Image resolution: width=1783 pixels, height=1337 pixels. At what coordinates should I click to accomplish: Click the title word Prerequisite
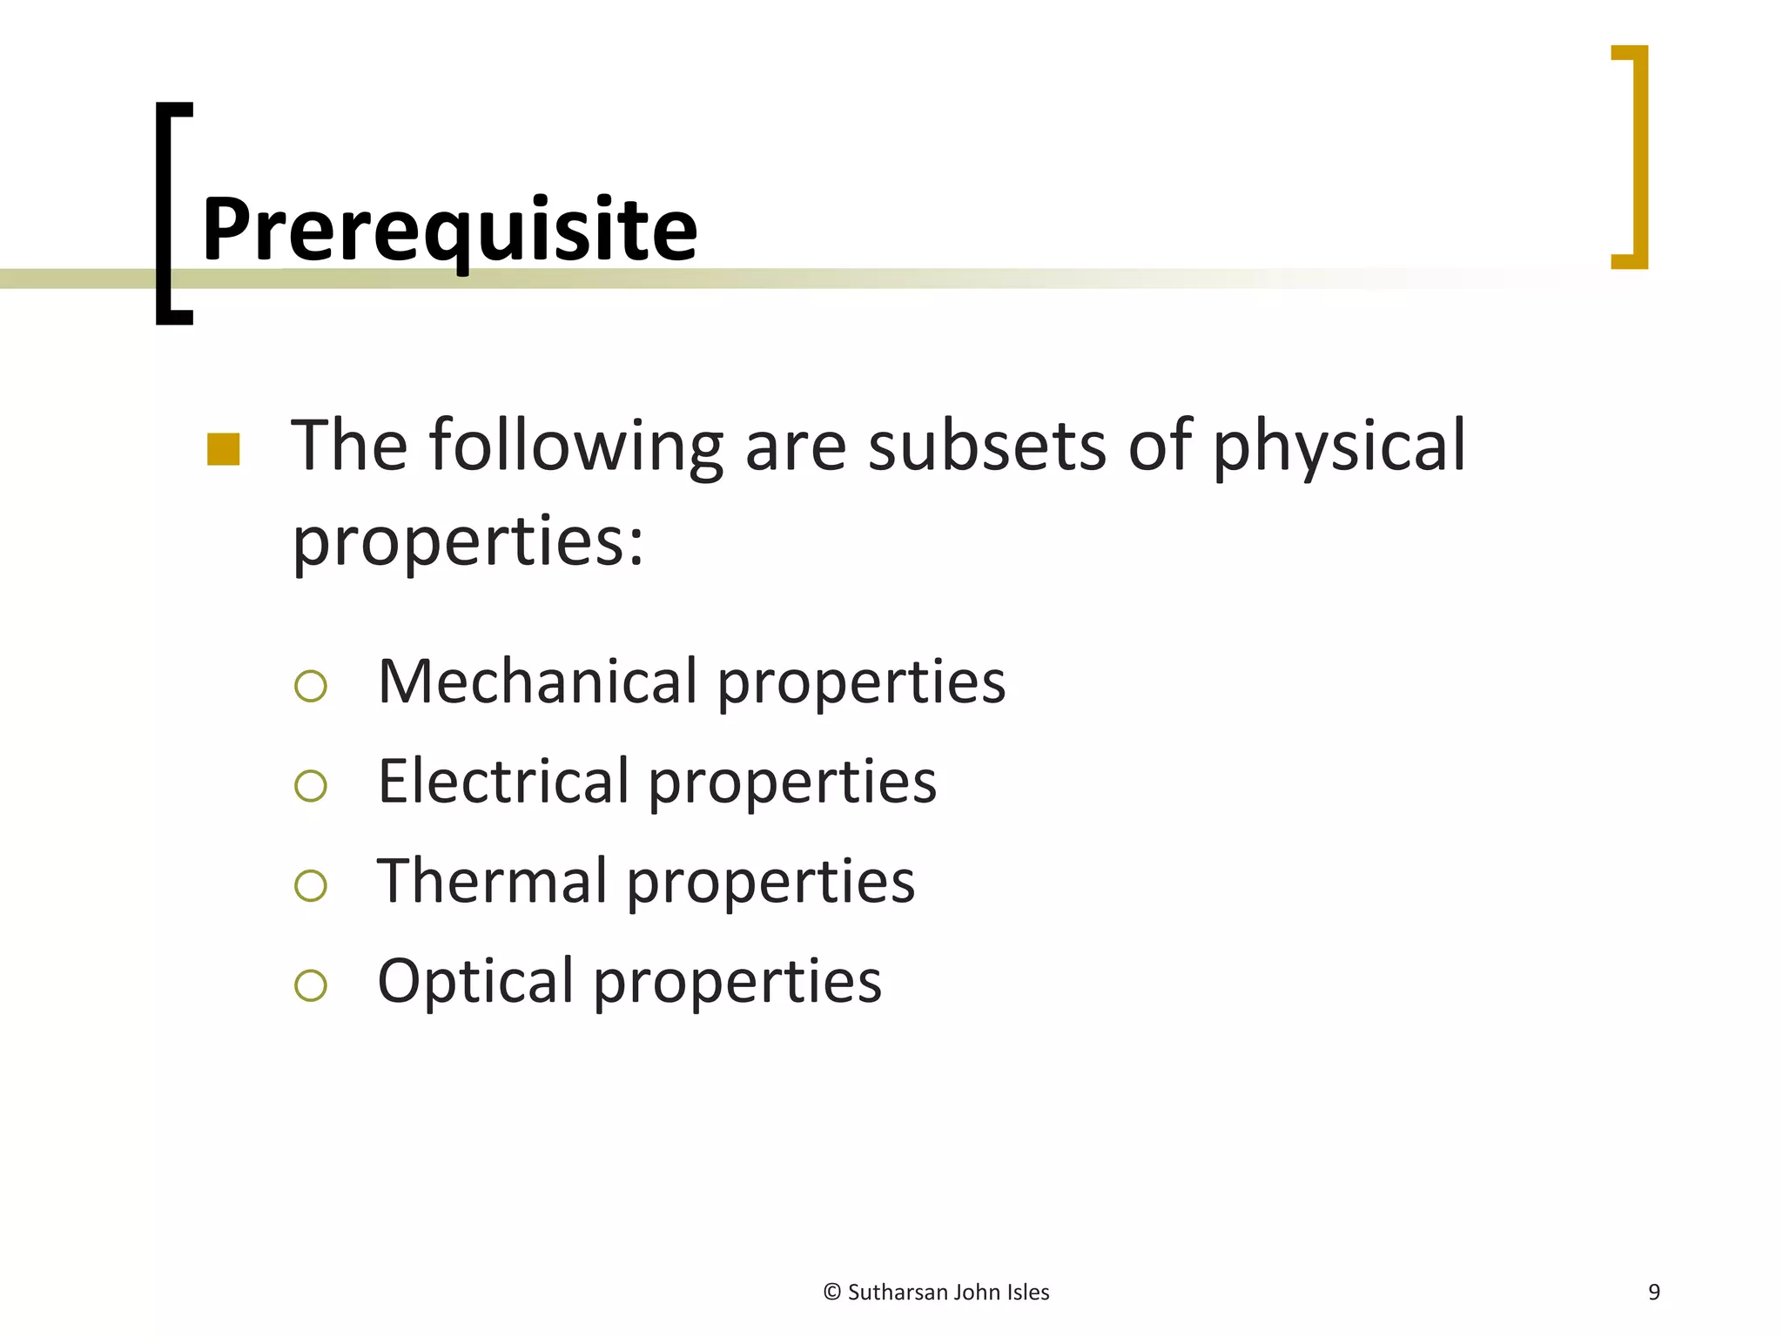pos(449,228)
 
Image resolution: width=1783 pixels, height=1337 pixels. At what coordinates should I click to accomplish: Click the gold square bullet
pos(224,449)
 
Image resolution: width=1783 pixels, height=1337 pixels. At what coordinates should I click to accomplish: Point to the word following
pos(575,446)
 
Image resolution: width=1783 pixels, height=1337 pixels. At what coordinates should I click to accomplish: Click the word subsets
pos(987,446)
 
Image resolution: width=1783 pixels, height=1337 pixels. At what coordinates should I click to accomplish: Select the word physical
pos(1339,446)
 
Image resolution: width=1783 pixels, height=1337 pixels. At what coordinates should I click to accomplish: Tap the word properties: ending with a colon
pos(468,541)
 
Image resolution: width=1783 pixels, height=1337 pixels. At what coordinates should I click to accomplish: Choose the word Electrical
pos(503,781)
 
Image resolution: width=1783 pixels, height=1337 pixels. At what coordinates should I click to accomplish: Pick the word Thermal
pos(492,881)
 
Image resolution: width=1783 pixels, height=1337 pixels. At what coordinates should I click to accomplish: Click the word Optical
pos(475,981)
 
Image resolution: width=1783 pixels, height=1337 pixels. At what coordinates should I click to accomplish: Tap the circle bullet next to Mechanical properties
pos(311,687)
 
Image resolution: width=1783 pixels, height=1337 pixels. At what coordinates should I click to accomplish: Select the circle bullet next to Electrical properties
pos(311,786)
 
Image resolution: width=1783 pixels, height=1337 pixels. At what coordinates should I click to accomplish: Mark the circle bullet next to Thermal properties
pos(311,886)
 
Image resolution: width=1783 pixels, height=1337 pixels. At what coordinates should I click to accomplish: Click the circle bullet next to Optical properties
pos(311,986)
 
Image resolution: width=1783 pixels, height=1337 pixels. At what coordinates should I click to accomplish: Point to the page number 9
pos(1654,1293)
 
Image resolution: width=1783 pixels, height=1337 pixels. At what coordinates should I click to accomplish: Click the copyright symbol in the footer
pos(831,1293)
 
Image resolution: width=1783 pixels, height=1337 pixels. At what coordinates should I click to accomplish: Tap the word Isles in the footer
pos(1028,1293)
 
